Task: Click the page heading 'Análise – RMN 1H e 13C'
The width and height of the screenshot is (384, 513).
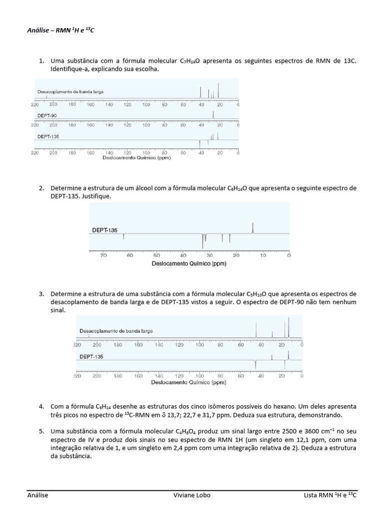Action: [60, 31]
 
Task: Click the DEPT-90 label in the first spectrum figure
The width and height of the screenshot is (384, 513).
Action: [46, 115]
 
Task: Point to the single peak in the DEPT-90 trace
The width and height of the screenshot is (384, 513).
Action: [213, 115]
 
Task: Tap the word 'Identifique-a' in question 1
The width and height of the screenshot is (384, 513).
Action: [69, 69]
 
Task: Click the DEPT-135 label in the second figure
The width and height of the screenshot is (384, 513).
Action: [104, 230]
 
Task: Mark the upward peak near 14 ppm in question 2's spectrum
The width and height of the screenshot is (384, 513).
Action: [253, 228]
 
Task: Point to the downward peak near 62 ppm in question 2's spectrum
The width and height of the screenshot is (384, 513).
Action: [123, 237]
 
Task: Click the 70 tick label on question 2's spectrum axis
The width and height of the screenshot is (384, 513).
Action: [103, 255]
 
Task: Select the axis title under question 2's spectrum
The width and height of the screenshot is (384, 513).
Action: [189, 264]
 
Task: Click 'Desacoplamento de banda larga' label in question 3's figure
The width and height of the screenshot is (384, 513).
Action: [116, 331]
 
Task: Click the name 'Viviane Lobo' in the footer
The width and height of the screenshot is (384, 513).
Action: [191, 495]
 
